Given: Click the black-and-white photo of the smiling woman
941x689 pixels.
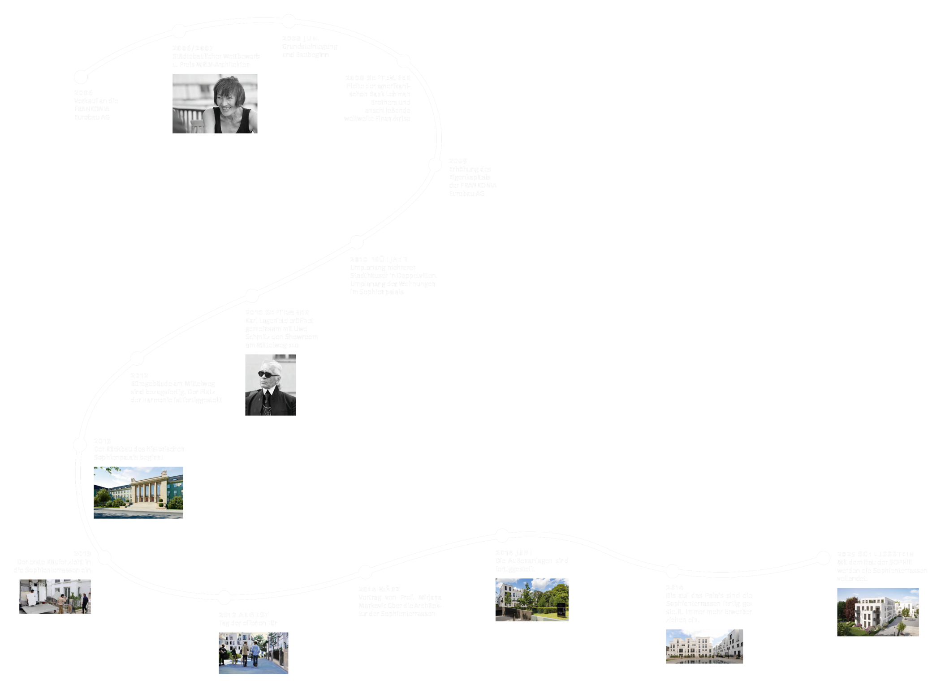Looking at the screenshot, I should [215, 103].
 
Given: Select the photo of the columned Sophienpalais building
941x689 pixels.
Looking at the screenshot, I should [138, 492].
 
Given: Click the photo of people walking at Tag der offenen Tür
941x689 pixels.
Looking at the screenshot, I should [253, 653].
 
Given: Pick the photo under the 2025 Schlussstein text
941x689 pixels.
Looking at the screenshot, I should [878, 612].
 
